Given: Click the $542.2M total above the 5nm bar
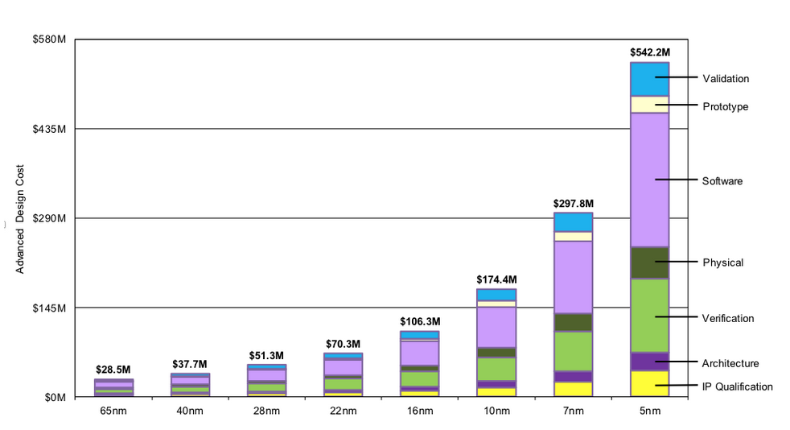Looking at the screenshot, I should (649, 52).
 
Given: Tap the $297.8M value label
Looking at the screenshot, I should (572, 204).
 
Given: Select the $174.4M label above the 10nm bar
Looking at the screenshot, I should (496, 279).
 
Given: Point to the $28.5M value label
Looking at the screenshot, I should (113, 370).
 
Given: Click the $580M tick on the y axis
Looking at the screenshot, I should (50, 39).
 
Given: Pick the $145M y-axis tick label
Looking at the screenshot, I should (50, 308).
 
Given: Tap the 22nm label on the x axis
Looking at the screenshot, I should (343, 412).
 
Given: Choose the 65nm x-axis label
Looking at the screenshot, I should (113, 412).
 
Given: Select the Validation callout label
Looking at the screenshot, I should (726, 79).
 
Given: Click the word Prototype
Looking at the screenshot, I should (726, 106).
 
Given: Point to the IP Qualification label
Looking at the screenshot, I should (737, 387).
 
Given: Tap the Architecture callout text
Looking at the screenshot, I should (730, 363).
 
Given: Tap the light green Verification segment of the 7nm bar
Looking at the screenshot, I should (573, 351).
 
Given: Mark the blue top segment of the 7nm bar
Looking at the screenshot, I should (573, 221).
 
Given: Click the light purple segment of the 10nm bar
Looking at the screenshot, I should (496, 326).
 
